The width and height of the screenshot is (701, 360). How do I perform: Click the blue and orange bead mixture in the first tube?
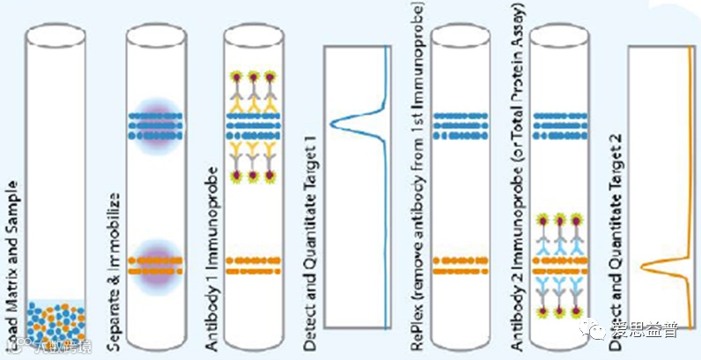click(x=55, y=322)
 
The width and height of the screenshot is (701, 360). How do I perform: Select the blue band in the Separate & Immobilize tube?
click(x=154, y=127)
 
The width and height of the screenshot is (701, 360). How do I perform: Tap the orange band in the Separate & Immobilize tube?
click(x=154, y=265)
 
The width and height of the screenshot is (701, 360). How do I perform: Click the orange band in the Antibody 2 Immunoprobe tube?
click(x=560, y=264)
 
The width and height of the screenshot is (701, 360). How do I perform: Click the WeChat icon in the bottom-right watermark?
click(x=601, y=332)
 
